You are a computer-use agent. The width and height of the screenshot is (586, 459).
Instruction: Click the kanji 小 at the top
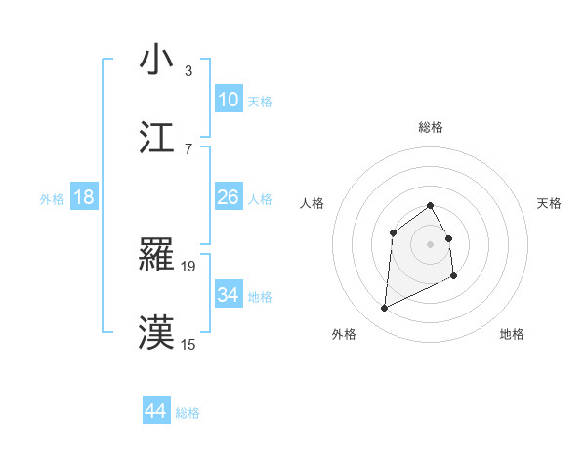157,60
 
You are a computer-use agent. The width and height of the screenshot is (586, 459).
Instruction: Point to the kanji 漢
157,331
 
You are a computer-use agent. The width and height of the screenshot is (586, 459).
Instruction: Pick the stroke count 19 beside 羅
189,266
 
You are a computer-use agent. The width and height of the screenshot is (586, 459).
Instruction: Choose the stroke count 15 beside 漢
189,343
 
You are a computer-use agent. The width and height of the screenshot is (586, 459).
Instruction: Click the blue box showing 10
228,100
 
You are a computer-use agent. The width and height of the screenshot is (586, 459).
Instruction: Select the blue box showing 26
228,197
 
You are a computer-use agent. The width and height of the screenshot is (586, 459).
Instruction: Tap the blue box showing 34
228,294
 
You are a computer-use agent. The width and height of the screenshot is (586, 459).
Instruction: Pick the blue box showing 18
84,197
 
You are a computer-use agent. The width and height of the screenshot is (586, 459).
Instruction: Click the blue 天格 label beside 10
260,102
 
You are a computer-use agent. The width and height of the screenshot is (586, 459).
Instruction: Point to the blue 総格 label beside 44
188,413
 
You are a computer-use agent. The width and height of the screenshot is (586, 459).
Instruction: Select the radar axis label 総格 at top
431,127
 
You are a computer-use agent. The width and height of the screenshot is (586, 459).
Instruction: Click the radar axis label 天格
550,203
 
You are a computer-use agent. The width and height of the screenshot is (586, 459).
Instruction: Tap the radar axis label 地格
512,334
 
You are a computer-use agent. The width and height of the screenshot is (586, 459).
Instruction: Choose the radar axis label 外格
344,334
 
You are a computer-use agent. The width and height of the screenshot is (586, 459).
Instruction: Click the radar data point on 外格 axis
384,309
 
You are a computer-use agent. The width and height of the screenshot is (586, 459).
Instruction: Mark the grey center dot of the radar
431,243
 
